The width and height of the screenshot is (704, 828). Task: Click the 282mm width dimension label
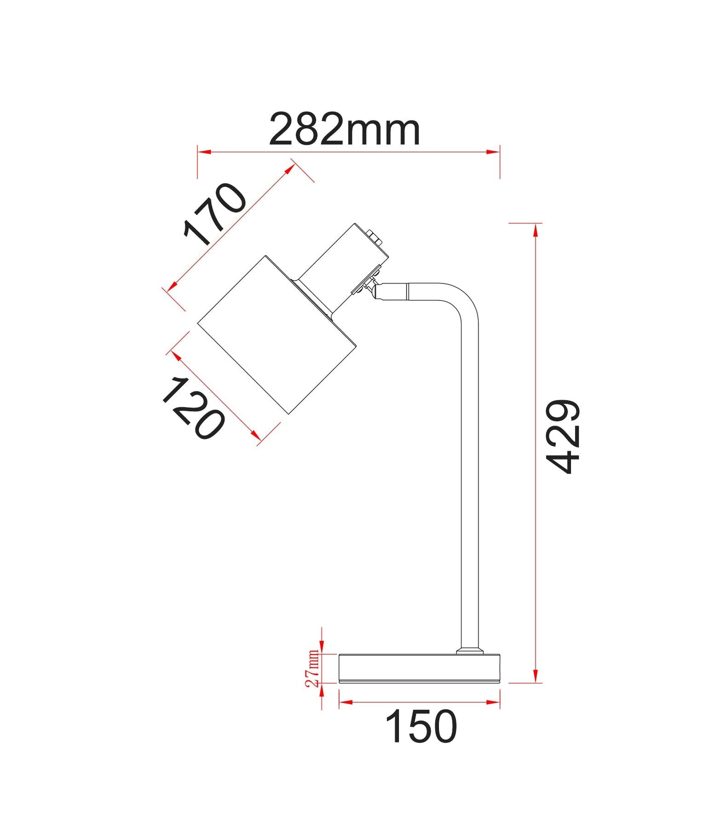coord(344,130)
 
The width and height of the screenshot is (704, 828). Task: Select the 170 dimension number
coord(215,214)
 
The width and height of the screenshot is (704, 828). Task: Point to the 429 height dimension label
coord(563,436)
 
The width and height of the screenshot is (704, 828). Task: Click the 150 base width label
coord(421,726)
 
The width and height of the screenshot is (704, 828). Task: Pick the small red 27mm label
coord(312,668)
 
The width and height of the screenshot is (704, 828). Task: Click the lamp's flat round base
coord(419,668)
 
